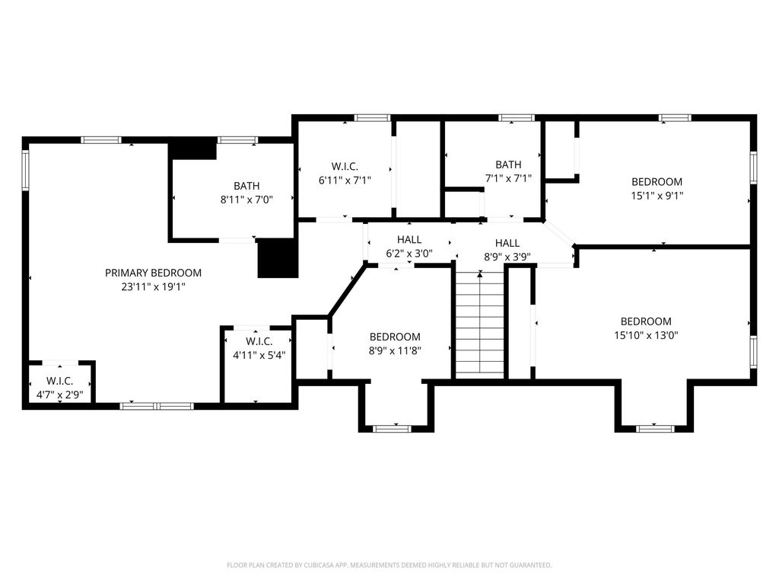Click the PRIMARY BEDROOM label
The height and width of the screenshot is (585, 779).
(x=153, y=273)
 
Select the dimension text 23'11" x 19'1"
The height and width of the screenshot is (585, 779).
(x=153, y=286)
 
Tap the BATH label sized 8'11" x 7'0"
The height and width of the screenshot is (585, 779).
(x=246, y=186)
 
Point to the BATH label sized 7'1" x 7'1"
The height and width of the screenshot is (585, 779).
(x=508, y=165)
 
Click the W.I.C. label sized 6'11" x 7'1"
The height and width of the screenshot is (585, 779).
(x=345, y=166)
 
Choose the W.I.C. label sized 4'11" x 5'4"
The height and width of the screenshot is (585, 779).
(x=259, y=341)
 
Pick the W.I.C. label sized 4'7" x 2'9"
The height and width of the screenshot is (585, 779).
(x=59, y=381)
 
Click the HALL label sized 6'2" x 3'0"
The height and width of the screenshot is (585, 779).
(x=409, y=239)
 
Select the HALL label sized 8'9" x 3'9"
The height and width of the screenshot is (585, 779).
(x=507, y=243)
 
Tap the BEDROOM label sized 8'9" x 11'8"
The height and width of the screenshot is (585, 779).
(x=395, y=336)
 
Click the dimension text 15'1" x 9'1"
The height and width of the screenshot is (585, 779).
(x=657, y=196)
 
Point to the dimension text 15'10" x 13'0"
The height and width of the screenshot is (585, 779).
(x=646, y=335)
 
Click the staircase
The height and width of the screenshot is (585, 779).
(x=480, y=323)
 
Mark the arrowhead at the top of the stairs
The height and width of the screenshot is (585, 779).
(x=480, y=273)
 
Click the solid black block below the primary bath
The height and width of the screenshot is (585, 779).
(x=278, y=257)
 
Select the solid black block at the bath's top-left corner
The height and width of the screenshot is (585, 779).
(x=193, y=149)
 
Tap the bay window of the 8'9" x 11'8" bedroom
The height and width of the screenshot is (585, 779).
(x=392, y=428)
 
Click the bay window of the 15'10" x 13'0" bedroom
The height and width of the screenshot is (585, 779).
(x=655, y=428)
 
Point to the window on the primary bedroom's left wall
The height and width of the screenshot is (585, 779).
(x=25, y=171)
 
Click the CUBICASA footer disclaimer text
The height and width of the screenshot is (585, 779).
(x=389, y=565)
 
